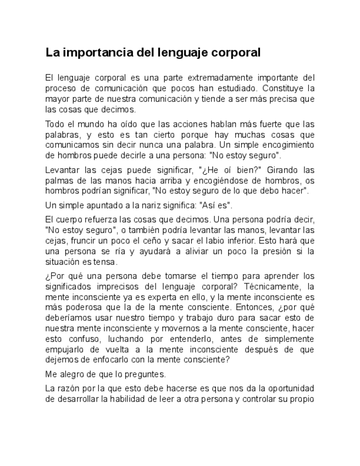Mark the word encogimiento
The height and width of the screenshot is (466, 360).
coord(287,145)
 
